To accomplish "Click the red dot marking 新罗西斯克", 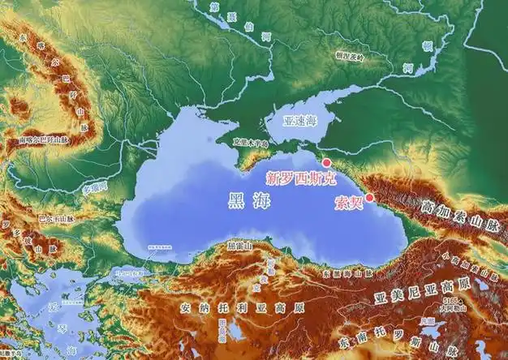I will [x=327, y=162].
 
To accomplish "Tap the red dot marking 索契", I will [x=369, y=197].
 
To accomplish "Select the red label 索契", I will [x=348, y=204].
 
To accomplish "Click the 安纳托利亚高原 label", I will [x=243, y=308].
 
